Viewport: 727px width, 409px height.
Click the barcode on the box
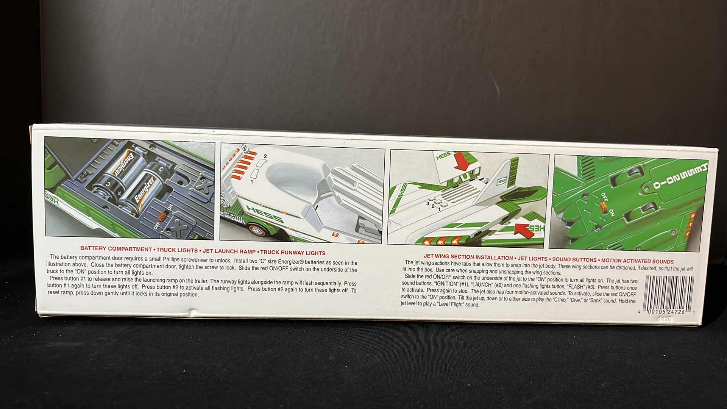[668, 292]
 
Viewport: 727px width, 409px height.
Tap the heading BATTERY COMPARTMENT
[116, 249]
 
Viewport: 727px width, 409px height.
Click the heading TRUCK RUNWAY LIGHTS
[293, 253]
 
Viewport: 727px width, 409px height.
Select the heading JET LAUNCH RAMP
[229, 251]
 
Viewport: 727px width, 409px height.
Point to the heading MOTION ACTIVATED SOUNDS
[637, 261]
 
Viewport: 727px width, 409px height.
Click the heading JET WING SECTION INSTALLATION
[468, 257]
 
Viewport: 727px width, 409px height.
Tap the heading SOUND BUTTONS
[574, 260]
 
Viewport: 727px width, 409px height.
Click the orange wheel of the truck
[254, 230]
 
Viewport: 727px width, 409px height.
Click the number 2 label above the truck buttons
[265, 156]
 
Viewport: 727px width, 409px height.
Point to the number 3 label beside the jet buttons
[428, 204]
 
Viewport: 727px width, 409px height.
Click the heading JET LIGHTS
[532, 259]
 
